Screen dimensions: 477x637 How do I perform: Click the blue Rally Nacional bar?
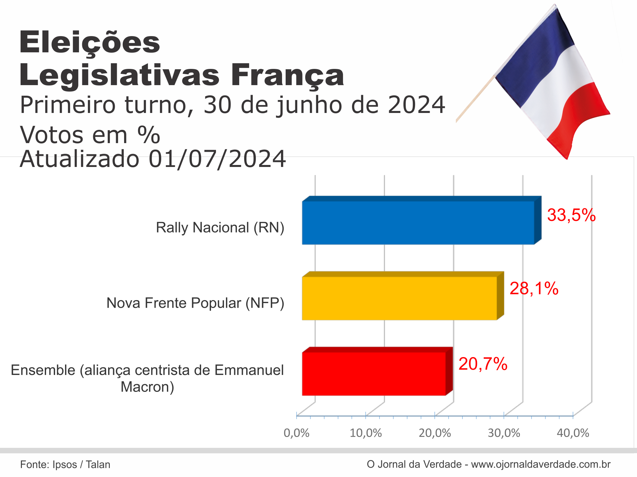(x=418, y=223)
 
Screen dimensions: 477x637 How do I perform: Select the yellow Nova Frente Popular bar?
(x=399, y=298)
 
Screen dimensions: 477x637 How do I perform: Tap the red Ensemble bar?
(x=374, y=374)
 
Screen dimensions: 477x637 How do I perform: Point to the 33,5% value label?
(x=571, y=215)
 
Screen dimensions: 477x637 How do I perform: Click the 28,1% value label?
(x=534, y=289)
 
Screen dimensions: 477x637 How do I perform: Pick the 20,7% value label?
(x=483, y=364)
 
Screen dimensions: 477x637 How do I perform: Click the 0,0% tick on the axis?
(x=296, y=433)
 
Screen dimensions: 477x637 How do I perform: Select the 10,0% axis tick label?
(x=366, y=433)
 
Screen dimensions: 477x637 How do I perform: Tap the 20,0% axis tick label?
(x=435, y=433)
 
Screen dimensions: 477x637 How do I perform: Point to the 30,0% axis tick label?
(x=504, y=433)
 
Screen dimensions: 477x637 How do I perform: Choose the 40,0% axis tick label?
(x=573, y=433)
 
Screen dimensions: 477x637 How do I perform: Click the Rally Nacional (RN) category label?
(x=220, y=228)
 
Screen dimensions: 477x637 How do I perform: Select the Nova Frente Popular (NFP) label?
(x=195, y=303)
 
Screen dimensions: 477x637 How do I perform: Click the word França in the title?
(x=287, y=76)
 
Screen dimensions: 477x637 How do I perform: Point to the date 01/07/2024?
(x=217, y=159)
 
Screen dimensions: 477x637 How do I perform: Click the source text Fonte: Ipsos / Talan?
(x=65, y=464)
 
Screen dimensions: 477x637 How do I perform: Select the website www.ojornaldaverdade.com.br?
(x=541, y=464)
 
